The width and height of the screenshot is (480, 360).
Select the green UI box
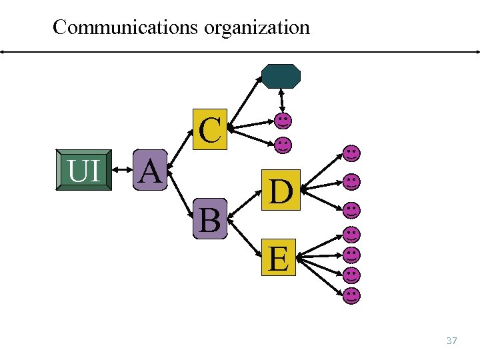(x=83, y=171)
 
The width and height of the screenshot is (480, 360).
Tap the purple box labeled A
(x=150, y=171)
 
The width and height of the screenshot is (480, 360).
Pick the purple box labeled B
(x=210, y=219)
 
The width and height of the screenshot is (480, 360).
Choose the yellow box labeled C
(x=210, y=129)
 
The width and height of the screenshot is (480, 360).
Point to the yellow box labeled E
(x=279, y=257)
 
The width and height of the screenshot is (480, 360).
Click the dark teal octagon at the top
(x=281, y=77)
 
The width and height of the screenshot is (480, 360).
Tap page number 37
(x=451, y=341)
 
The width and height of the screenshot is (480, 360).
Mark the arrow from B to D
(x=245, y=204)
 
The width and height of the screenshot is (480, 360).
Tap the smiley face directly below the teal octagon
(x=283, y=121)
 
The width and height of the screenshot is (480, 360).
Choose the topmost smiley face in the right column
(x=352, y=153)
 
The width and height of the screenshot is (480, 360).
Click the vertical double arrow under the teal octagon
(x=282, y=101)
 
